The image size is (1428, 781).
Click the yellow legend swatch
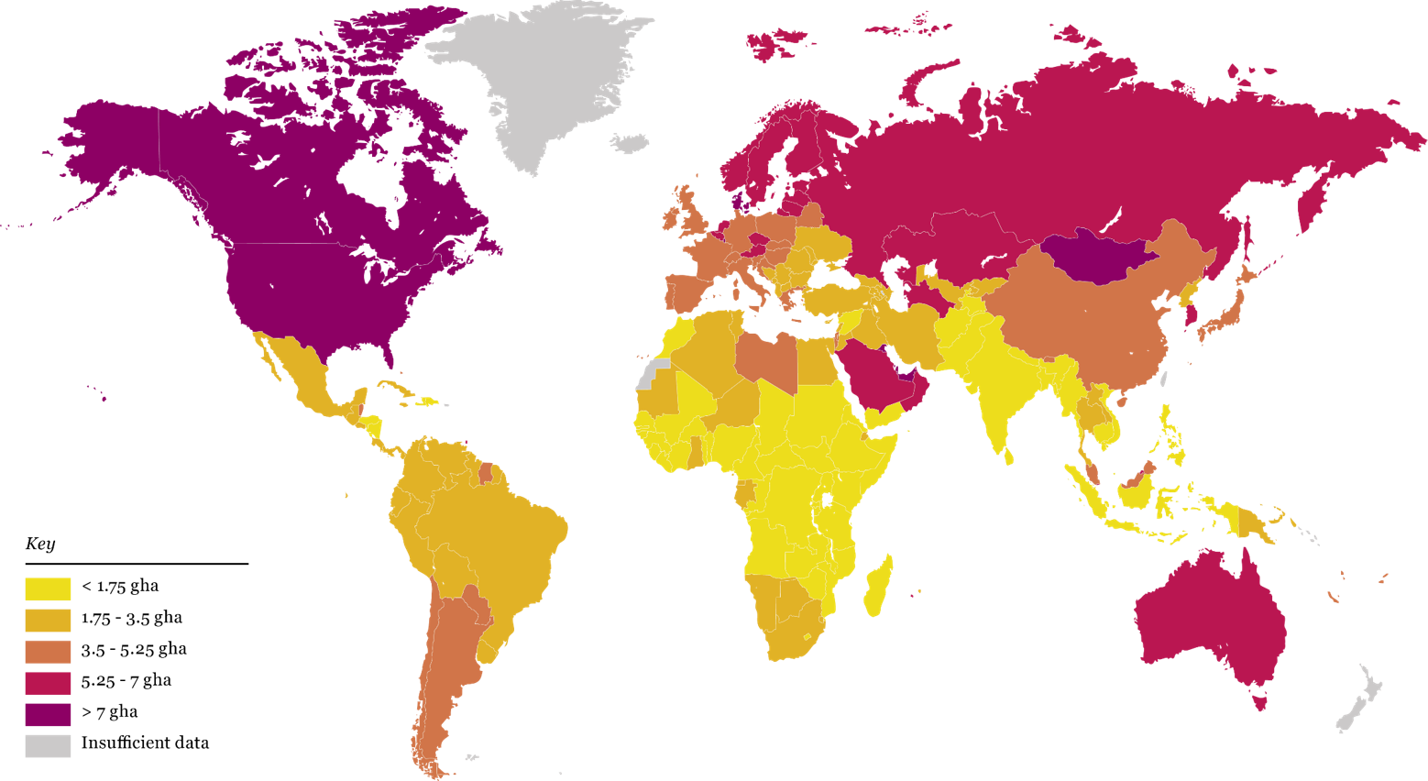pyautogui.click(x=48, y=589)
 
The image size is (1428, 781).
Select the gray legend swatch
pyautogui.click(x=48, y=746)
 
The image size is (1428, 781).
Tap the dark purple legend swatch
pyautogui.click(x=48, y=715)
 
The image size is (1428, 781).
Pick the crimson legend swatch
pyautogui.click(x=48, y=684)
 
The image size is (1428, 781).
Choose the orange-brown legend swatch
pyautogui.click(x=48, y=652)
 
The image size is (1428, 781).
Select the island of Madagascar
pyautogui.click(x=878, y=587)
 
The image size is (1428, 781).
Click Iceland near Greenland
pyautogui.click(x=631, y=144)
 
